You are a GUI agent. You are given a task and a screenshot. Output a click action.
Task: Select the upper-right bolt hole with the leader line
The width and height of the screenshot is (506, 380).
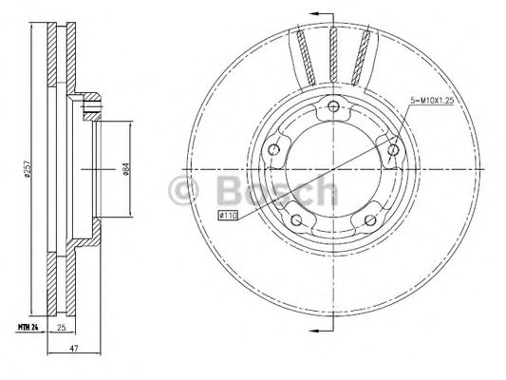[x=395, y=146]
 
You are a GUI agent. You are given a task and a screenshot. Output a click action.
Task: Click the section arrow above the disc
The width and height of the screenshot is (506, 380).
[x=320, y=13]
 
